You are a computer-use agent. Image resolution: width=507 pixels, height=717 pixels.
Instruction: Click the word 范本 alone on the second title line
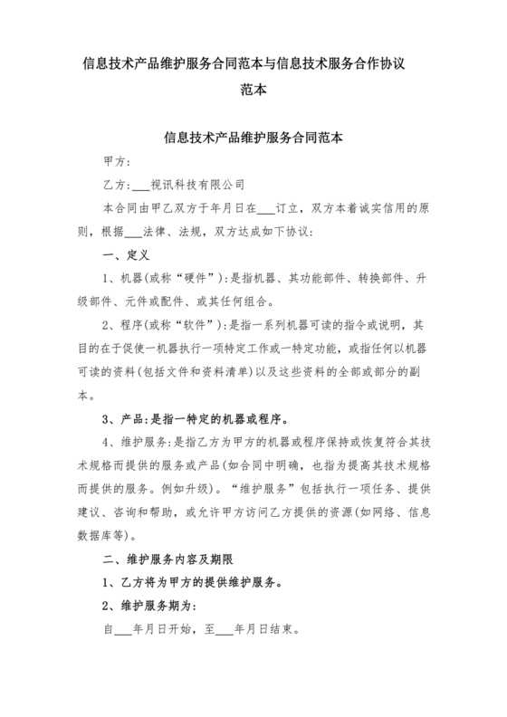click(253, 91)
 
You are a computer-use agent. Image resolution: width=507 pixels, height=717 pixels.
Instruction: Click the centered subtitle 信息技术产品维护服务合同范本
click(253, 139)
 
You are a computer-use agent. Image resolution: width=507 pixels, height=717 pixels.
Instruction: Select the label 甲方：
click(118, 162)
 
